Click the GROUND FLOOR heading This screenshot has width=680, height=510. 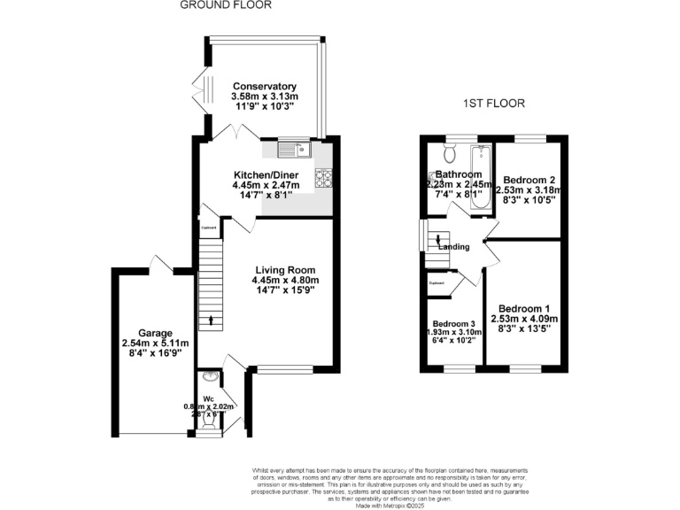(225, 5)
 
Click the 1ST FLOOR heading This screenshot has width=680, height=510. (494, 104)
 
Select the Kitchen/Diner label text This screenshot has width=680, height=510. (266, 175)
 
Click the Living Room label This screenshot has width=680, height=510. (285, 270)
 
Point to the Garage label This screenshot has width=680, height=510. (154, 333)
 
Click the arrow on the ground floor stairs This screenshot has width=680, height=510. (211, 320)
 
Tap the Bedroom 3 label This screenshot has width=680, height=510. (454, 323)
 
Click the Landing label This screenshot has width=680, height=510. (453, 247)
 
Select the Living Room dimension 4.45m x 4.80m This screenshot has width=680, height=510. (285, 280)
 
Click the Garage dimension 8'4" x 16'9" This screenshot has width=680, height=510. (154, 352)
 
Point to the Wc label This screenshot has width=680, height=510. (208, 398)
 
